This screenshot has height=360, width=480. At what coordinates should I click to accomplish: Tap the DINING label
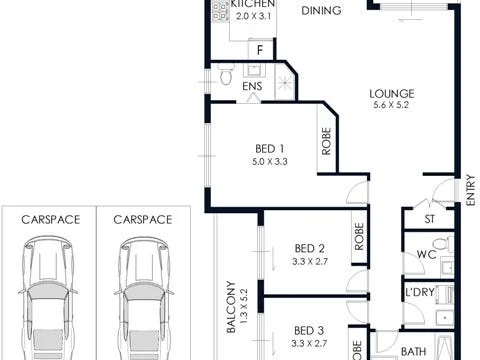pos(321,11)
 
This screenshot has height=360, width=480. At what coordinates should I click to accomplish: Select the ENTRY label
pos(469,191)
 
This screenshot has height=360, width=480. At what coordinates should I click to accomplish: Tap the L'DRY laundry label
pos(417,292)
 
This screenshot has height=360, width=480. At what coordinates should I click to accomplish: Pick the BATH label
pos(413,351)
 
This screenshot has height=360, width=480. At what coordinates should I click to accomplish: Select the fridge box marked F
pos(260,49)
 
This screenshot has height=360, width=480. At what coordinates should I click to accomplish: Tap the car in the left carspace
pos(46,290)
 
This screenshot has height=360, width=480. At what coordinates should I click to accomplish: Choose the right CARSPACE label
pos(142,219)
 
